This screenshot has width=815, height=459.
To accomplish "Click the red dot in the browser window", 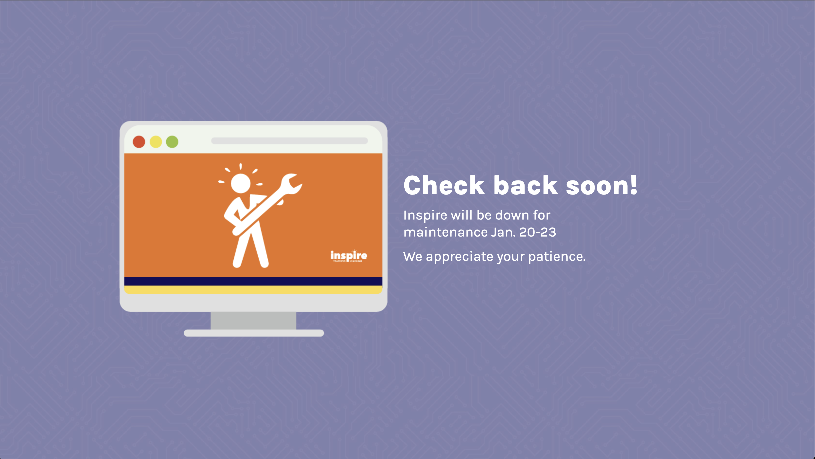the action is point(139,142).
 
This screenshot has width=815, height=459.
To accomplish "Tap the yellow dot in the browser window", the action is point(156,142).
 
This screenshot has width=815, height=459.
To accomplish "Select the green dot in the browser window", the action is point(172,142).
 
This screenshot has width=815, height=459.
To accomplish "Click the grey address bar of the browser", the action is point(289,141).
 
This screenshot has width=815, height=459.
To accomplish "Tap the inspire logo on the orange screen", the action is point(349,255).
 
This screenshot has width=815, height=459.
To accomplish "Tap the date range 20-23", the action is point(537,232).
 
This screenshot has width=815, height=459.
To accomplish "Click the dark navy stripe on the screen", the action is point(253,281).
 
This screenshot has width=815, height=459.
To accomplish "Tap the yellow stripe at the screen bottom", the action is point(253,290).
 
